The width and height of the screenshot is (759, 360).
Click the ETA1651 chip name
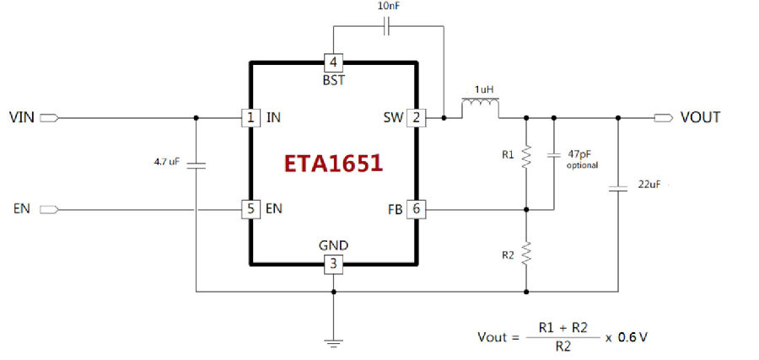(x=333, y=164)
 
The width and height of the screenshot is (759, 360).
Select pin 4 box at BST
(x=333, y=62)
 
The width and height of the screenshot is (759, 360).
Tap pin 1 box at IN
(x=250, y=117)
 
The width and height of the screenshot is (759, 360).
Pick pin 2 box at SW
(x=416, y=117)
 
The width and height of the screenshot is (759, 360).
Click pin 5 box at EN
(x=250, y=210)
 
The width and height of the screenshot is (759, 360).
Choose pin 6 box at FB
(x=416, y=210)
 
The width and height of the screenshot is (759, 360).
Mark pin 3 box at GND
(x=333, y=264)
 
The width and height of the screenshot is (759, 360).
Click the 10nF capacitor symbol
(x=386, y=27)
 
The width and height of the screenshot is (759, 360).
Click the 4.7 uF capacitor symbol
(x=196, y=165)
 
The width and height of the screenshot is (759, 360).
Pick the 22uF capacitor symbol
(x=618, y=188)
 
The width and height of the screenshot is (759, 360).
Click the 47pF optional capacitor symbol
(x=554, y=156)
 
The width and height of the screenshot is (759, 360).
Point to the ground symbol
(x=333, y=341)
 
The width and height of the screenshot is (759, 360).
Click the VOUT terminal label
(x=700, y=117)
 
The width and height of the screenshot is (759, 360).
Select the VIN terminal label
(x=22, y=117)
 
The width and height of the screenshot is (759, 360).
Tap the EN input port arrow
(x=50, y=210)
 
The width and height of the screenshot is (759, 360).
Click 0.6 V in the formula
(x=632, y=337)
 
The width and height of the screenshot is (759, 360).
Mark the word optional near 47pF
(x=582, y=165)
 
